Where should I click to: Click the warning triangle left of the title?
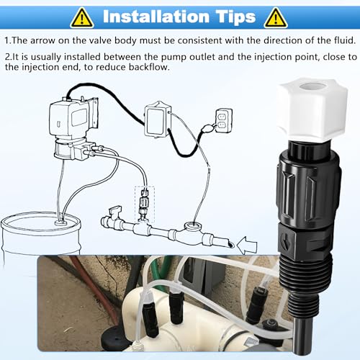[x=82, y=18]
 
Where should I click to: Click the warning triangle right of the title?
[x=276, y=18]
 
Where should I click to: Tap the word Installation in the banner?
[x=156, y=17]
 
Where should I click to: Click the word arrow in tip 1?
[x=42, y=40]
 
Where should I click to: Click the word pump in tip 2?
[x=174, y=58]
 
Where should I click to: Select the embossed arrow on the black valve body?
[x=285, y=241]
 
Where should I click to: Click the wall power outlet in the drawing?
[x=224, y=120]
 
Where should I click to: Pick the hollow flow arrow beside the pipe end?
[x=247, y=246]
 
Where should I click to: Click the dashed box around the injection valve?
[x=145, y=204]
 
